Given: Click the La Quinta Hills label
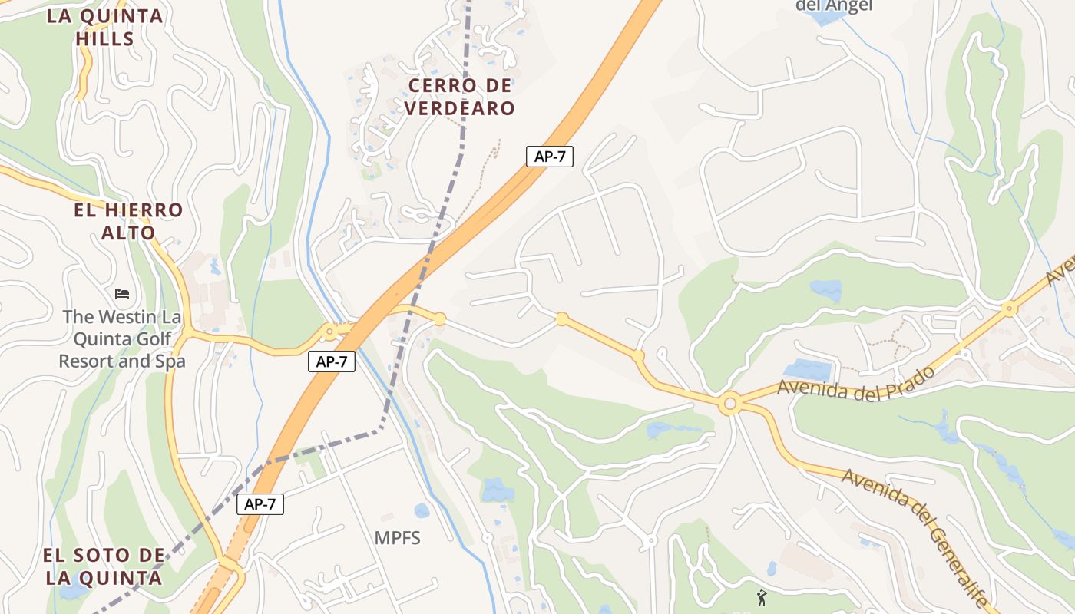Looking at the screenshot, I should pos(105,27).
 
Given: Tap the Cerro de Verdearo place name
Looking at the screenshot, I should pos(459,97).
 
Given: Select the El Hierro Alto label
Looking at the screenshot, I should pos(129,221).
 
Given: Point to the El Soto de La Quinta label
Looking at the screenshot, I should pos(104,566).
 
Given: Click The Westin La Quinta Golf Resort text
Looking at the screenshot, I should pos(123,338).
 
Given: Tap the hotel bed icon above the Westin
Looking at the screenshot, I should pos(122,293).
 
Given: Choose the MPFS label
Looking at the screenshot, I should pos(398,538).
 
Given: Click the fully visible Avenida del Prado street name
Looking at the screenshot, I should pos(855,381).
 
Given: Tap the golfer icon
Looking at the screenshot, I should pos(762,596).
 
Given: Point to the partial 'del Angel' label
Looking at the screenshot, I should pos(835,6).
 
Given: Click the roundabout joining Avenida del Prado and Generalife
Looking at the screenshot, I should pos(729,403).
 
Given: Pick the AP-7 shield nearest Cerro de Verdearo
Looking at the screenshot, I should pos(550,156).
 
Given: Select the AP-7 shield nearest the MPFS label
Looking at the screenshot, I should pos(260,504).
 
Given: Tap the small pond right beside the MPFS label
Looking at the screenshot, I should pos(422,510).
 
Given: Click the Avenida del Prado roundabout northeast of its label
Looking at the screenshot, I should pos(1010,309).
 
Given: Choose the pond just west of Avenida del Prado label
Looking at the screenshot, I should pos(807,370).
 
